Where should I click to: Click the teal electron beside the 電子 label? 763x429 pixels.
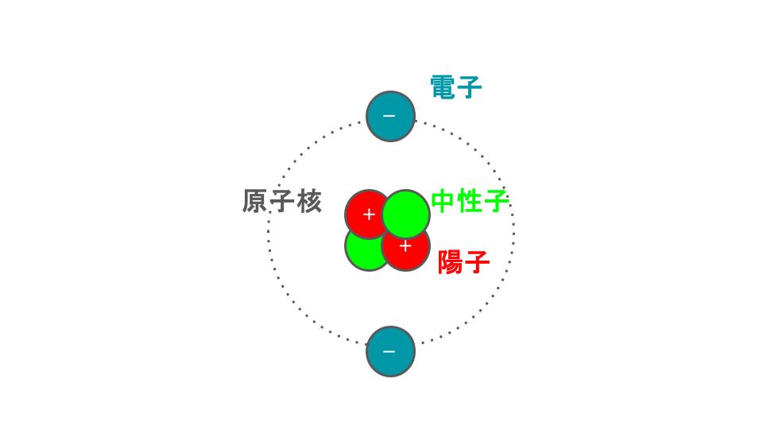click(390, 116)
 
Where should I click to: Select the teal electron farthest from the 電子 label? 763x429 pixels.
click(390, 351)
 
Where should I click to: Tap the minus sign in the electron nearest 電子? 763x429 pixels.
click(389, 116)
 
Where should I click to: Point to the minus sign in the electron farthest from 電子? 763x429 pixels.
click(389, 351)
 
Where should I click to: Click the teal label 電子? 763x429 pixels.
click(456, 87)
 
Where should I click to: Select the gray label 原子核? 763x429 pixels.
click(282, 201)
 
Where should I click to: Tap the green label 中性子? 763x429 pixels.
click(470, 201)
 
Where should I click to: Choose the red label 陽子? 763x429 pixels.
click(463, 262)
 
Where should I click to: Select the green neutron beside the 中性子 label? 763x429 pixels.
click(406, 214)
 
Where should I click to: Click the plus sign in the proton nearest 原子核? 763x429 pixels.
click(369, 214)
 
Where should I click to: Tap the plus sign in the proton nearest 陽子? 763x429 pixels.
click(405, 246)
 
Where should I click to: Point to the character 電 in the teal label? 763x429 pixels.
click(443, 87)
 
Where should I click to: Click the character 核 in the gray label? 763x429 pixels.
click(309, 201)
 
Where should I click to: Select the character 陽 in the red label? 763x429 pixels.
click(450, 262)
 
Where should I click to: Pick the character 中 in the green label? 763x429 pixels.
click(443, 201)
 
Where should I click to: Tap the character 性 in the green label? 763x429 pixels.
click(470, 201)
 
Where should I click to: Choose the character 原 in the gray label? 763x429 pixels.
click(254, 201)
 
